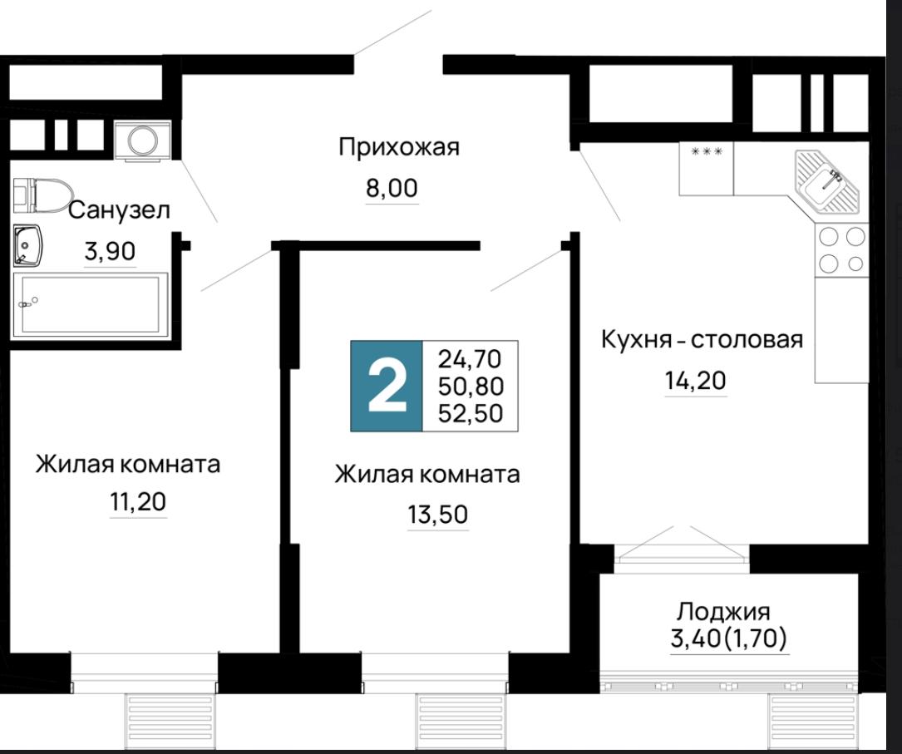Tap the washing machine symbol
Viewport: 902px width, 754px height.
click(143, 140)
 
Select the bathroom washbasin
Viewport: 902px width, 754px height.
click(27, 245)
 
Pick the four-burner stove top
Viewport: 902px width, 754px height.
click(841, 249)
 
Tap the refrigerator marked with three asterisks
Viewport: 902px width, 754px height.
click(707, 169)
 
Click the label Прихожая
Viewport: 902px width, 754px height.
click(399, 147)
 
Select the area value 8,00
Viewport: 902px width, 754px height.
click(392, 188)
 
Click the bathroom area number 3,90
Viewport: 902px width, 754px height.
click(110, 251)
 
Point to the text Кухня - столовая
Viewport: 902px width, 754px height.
click(702, 339)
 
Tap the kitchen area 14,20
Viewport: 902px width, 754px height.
click(696, 381)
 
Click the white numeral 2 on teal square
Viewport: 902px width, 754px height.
click(387, 386)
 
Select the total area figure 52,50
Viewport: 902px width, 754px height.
click(471, 413)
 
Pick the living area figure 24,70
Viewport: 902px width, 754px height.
click(470, 359)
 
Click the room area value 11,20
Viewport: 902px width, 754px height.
click(138, 502)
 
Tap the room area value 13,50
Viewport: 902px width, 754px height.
click(438, 515)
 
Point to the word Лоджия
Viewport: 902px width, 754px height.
click(723, 611)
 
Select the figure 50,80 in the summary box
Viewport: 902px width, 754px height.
click(471, 387)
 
